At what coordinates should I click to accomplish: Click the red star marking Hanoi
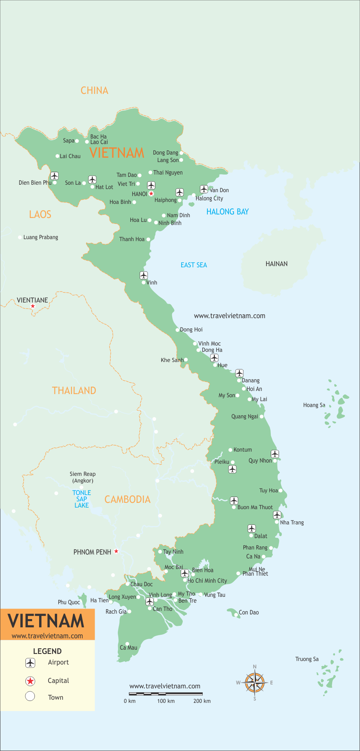click(151, 194)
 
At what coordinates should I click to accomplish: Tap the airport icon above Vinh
click(144, 275)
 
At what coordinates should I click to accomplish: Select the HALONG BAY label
click(227, 212)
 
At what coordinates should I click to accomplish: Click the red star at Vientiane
click(33, 306)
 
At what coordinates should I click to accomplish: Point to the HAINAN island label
click(276, 264)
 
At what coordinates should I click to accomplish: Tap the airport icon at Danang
click(239, 373)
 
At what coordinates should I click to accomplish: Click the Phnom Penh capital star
click(116, 551)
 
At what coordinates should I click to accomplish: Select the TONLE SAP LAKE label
click(81, 499)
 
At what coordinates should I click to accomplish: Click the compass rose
click(255, 683)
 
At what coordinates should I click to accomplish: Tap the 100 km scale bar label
click(166, 701)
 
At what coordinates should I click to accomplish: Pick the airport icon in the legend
click(30, 663)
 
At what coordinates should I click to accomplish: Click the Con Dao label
click(248, 612)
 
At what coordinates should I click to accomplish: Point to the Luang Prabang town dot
click(20, 237)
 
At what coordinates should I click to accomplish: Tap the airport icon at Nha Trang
click(277, 515)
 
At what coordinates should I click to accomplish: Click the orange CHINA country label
click(94, 90)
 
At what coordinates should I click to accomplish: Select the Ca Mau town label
click(128, 648)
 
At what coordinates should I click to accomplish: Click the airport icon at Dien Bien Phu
click(54, 176)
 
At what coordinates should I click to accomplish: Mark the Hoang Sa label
click(314, 405)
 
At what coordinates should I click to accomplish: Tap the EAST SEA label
click(194, 265)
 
